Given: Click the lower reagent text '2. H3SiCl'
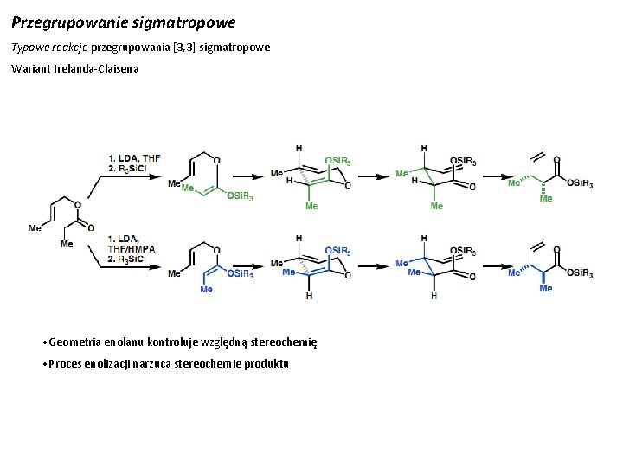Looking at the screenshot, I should pos(132,259).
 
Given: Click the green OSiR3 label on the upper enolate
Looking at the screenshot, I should pos(241,197).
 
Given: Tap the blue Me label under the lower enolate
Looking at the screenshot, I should pos(206,290).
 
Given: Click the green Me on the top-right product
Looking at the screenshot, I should pos(545,198).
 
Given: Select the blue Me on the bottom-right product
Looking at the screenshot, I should pos(545,288).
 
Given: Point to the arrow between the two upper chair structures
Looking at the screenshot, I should pos(372,180).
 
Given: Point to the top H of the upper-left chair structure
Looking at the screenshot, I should pos(299,149).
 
